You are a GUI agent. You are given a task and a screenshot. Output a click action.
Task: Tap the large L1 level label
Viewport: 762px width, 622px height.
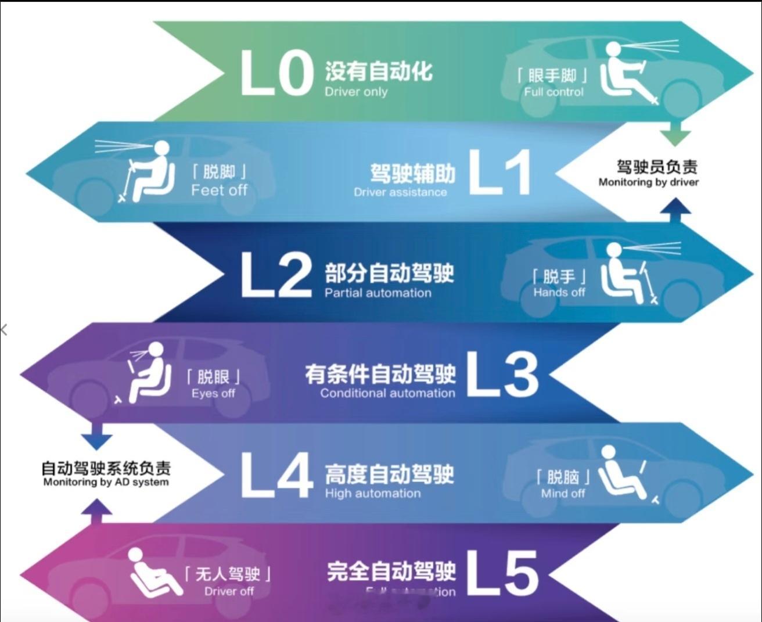coord(498,173)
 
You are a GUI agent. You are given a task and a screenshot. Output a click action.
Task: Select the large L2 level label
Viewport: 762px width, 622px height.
coord(276,275)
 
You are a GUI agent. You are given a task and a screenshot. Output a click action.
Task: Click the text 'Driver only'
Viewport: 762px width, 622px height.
coord(356,92)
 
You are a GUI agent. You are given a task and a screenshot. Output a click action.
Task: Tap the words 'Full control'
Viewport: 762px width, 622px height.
coord(553,92)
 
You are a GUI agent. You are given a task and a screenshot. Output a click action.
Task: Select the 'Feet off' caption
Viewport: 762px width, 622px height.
coord(219,190)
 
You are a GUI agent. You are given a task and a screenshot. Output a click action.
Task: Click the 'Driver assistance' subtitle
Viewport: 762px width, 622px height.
coord(400,192)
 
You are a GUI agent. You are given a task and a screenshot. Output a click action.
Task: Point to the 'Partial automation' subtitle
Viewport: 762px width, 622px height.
coord(378,293)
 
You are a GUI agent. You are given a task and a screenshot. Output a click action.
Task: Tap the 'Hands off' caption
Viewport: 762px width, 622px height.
coord(559,292)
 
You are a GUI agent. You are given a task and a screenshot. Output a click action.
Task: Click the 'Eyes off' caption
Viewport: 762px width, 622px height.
coord(213,393)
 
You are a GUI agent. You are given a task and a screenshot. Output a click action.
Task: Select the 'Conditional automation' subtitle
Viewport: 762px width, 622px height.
coord(387,393)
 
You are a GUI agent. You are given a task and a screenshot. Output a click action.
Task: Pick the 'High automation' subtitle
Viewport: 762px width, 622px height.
coord(373,494)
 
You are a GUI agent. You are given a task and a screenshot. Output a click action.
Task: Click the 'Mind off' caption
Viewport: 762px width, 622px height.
coord(563,494)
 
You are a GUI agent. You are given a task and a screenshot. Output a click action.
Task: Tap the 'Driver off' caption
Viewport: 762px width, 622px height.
coord(229,591)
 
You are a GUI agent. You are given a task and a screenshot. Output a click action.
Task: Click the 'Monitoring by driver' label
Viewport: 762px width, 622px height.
coord(649,182)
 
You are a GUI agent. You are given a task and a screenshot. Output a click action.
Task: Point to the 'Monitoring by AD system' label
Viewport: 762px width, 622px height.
coord(106,482)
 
